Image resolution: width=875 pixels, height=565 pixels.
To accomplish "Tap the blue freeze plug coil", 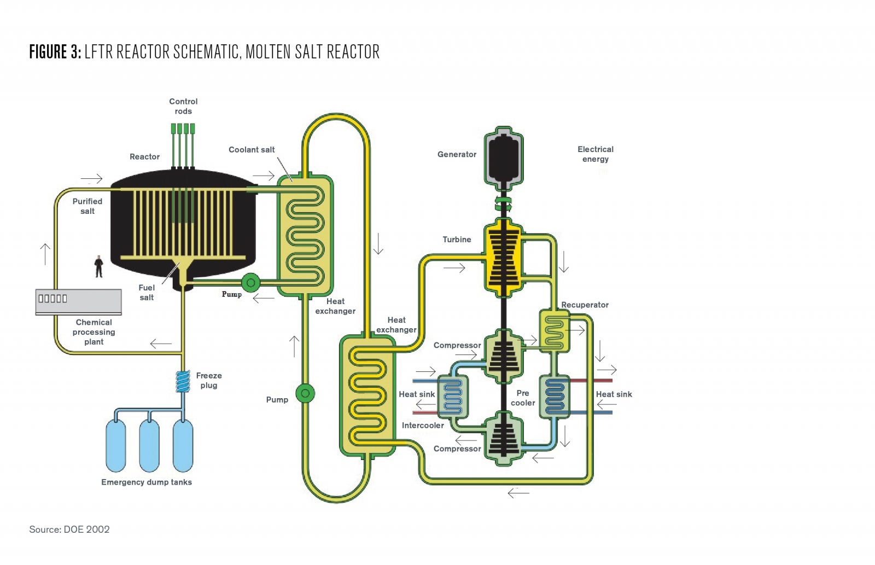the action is click(x=183, y=381).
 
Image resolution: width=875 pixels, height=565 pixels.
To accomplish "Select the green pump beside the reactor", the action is click(x=251, y=282).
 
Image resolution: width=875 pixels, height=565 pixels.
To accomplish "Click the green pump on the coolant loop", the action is click(x=305, y=393).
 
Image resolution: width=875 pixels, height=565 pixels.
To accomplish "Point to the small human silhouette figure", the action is click(x=99, y=266).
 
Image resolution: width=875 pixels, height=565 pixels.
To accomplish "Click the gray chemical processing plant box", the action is click(x=79, y=302).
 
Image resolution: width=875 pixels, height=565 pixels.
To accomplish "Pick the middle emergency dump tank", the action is click(x=149, y=445).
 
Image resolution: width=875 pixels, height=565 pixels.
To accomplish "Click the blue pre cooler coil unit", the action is click(x=555, y=397).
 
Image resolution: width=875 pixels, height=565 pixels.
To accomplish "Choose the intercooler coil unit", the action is click(x=453, y=396).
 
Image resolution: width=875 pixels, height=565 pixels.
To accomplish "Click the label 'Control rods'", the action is click(x=183, y=106).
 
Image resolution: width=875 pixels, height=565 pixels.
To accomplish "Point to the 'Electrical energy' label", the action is click(x=596, y=154).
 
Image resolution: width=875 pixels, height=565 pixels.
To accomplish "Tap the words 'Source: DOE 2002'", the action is click(x=69, y=529).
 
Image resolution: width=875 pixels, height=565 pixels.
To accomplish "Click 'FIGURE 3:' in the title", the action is click(x=55, y=51).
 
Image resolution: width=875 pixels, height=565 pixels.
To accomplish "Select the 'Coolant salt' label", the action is click(x=252, y=150).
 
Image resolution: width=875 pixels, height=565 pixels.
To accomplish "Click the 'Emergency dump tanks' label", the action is click(x=147, y=482).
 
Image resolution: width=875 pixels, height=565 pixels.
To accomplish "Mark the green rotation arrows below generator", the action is click(x=503, y=203).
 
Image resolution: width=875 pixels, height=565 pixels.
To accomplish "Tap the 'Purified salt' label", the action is click(x=87, y=206).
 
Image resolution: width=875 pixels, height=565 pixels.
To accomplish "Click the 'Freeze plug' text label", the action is click(x=209, y=380).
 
